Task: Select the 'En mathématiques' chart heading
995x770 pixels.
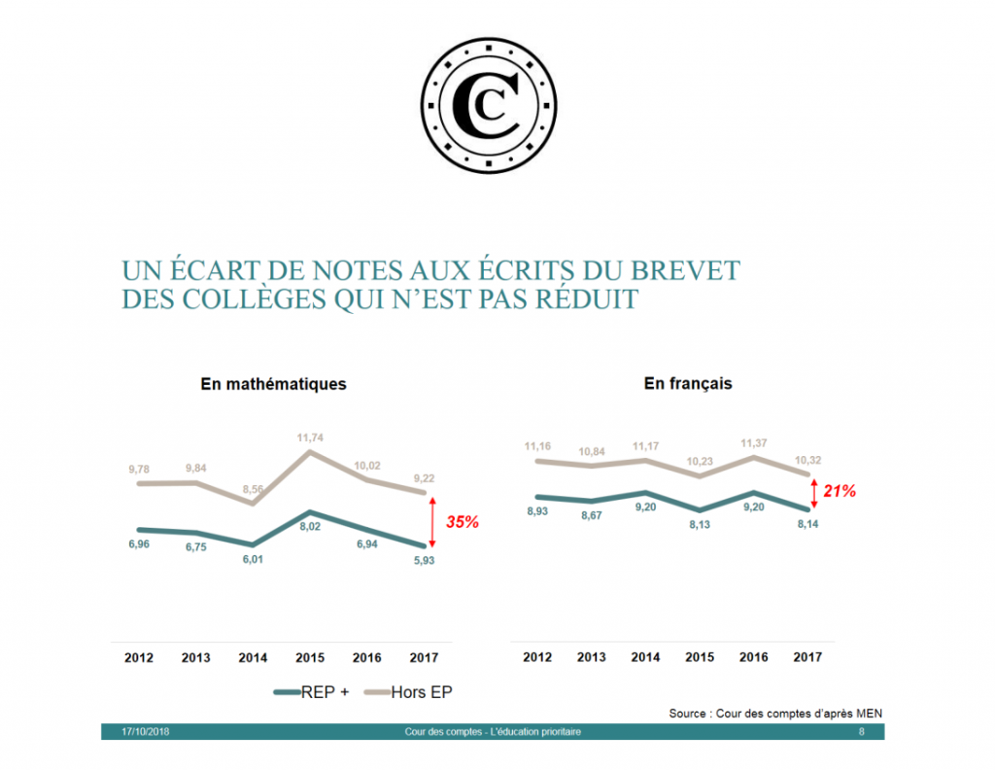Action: pos(273,384)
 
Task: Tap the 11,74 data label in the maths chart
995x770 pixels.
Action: pos(310,437)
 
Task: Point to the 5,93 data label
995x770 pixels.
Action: pos(424,561)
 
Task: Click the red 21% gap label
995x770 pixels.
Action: pos(840,492)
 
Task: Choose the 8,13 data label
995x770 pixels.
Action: pos(700,525)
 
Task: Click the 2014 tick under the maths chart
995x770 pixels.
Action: pos(254,657)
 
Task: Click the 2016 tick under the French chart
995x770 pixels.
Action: pos(752,657)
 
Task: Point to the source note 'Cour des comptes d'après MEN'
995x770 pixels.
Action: pos(775,714)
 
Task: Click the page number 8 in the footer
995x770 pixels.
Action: pos(861,731)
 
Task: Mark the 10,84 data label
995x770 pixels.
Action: pos(592,451)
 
